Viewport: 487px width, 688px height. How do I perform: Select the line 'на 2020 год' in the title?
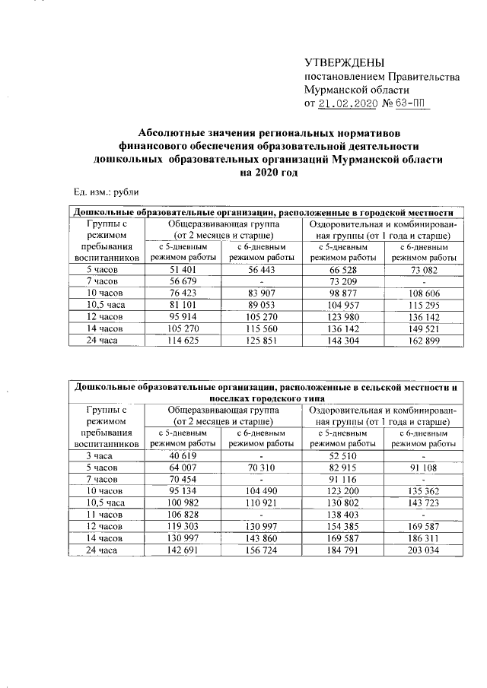(266, 173)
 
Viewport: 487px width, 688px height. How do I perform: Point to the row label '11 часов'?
(101, 514)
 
